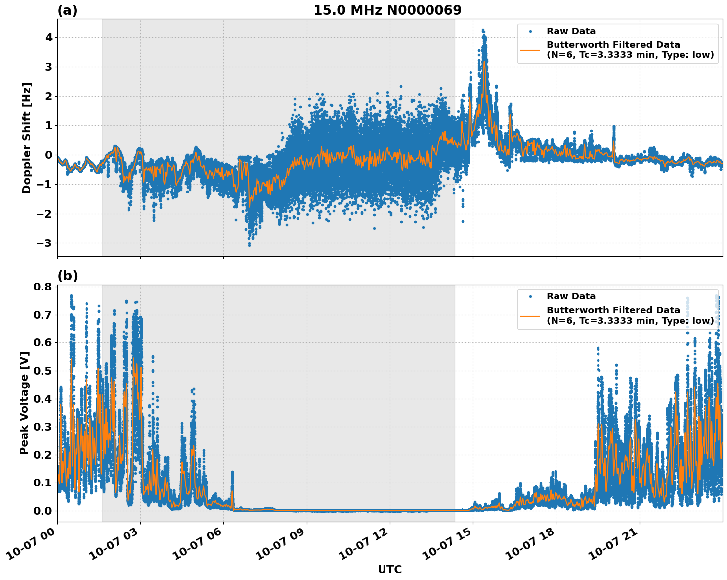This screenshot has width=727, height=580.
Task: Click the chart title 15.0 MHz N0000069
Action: pyautogui.click(x=387, y=10)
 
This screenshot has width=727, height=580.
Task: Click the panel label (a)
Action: pyautogui.click(x=67, y=10)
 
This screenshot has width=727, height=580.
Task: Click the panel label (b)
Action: pyautogui.click(x=67, y=276)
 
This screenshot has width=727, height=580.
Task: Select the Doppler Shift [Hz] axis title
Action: pyautogui.click(x=27, y=138)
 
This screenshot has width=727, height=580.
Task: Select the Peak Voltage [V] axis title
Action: pyautogui.click(x=24, y=403)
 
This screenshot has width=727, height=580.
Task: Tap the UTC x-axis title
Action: pyautogui.click(x=389, y=569)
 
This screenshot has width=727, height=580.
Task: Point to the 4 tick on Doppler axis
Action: pyautogui.click(x=48, y=38)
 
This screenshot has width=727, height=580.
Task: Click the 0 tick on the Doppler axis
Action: pyautogui.click(x=48, y=155)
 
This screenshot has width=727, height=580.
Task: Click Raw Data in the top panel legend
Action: pyautogui.click(x=571, y=31)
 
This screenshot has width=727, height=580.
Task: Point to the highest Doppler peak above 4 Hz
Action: pyautogui.click(x=483, y=30)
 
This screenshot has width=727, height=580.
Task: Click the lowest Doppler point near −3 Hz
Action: pyautogui.click(x=249, y=245)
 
